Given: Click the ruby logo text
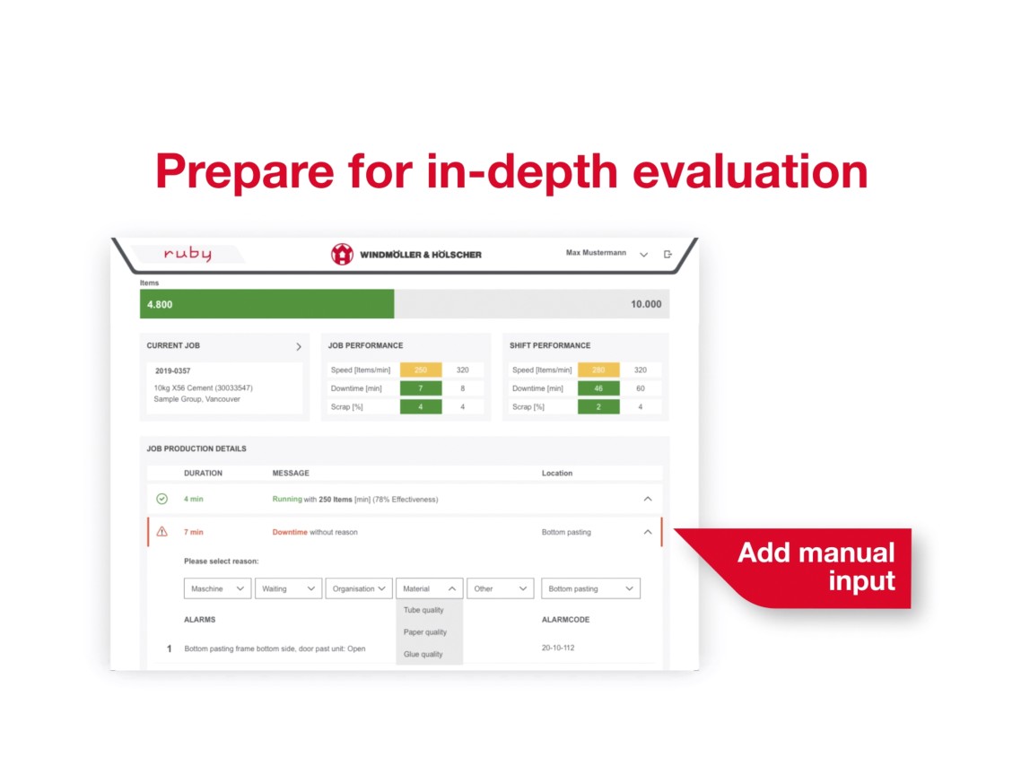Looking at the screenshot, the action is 188,253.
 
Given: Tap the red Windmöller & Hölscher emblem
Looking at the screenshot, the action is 342,254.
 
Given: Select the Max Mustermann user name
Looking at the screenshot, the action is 596,253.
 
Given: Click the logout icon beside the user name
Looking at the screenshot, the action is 668,254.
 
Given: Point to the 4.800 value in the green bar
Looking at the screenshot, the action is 160,305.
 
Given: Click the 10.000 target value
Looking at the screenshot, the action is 646,304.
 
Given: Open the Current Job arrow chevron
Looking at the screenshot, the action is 299,347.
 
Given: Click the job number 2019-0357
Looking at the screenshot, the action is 172,371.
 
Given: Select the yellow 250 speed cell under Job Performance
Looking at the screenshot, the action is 421,370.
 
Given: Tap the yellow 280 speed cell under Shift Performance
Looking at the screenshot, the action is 598,370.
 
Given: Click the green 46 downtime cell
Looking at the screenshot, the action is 598,388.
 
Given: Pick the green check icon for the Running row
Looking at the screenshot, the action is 162,500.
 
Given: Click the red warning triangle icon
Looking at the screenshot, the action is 162,532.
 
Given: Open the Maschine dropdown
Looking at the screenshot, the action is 217,588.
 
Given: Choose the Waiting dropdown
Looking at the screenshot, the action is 289,588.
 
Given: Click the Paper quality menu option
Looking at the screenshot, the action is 425,632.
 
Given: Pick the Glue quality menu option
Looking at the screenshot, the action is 423,654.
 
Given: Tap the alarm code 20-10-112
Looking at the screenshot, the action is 558,648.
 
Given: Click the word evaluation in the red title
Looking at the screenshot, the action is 750,171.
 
